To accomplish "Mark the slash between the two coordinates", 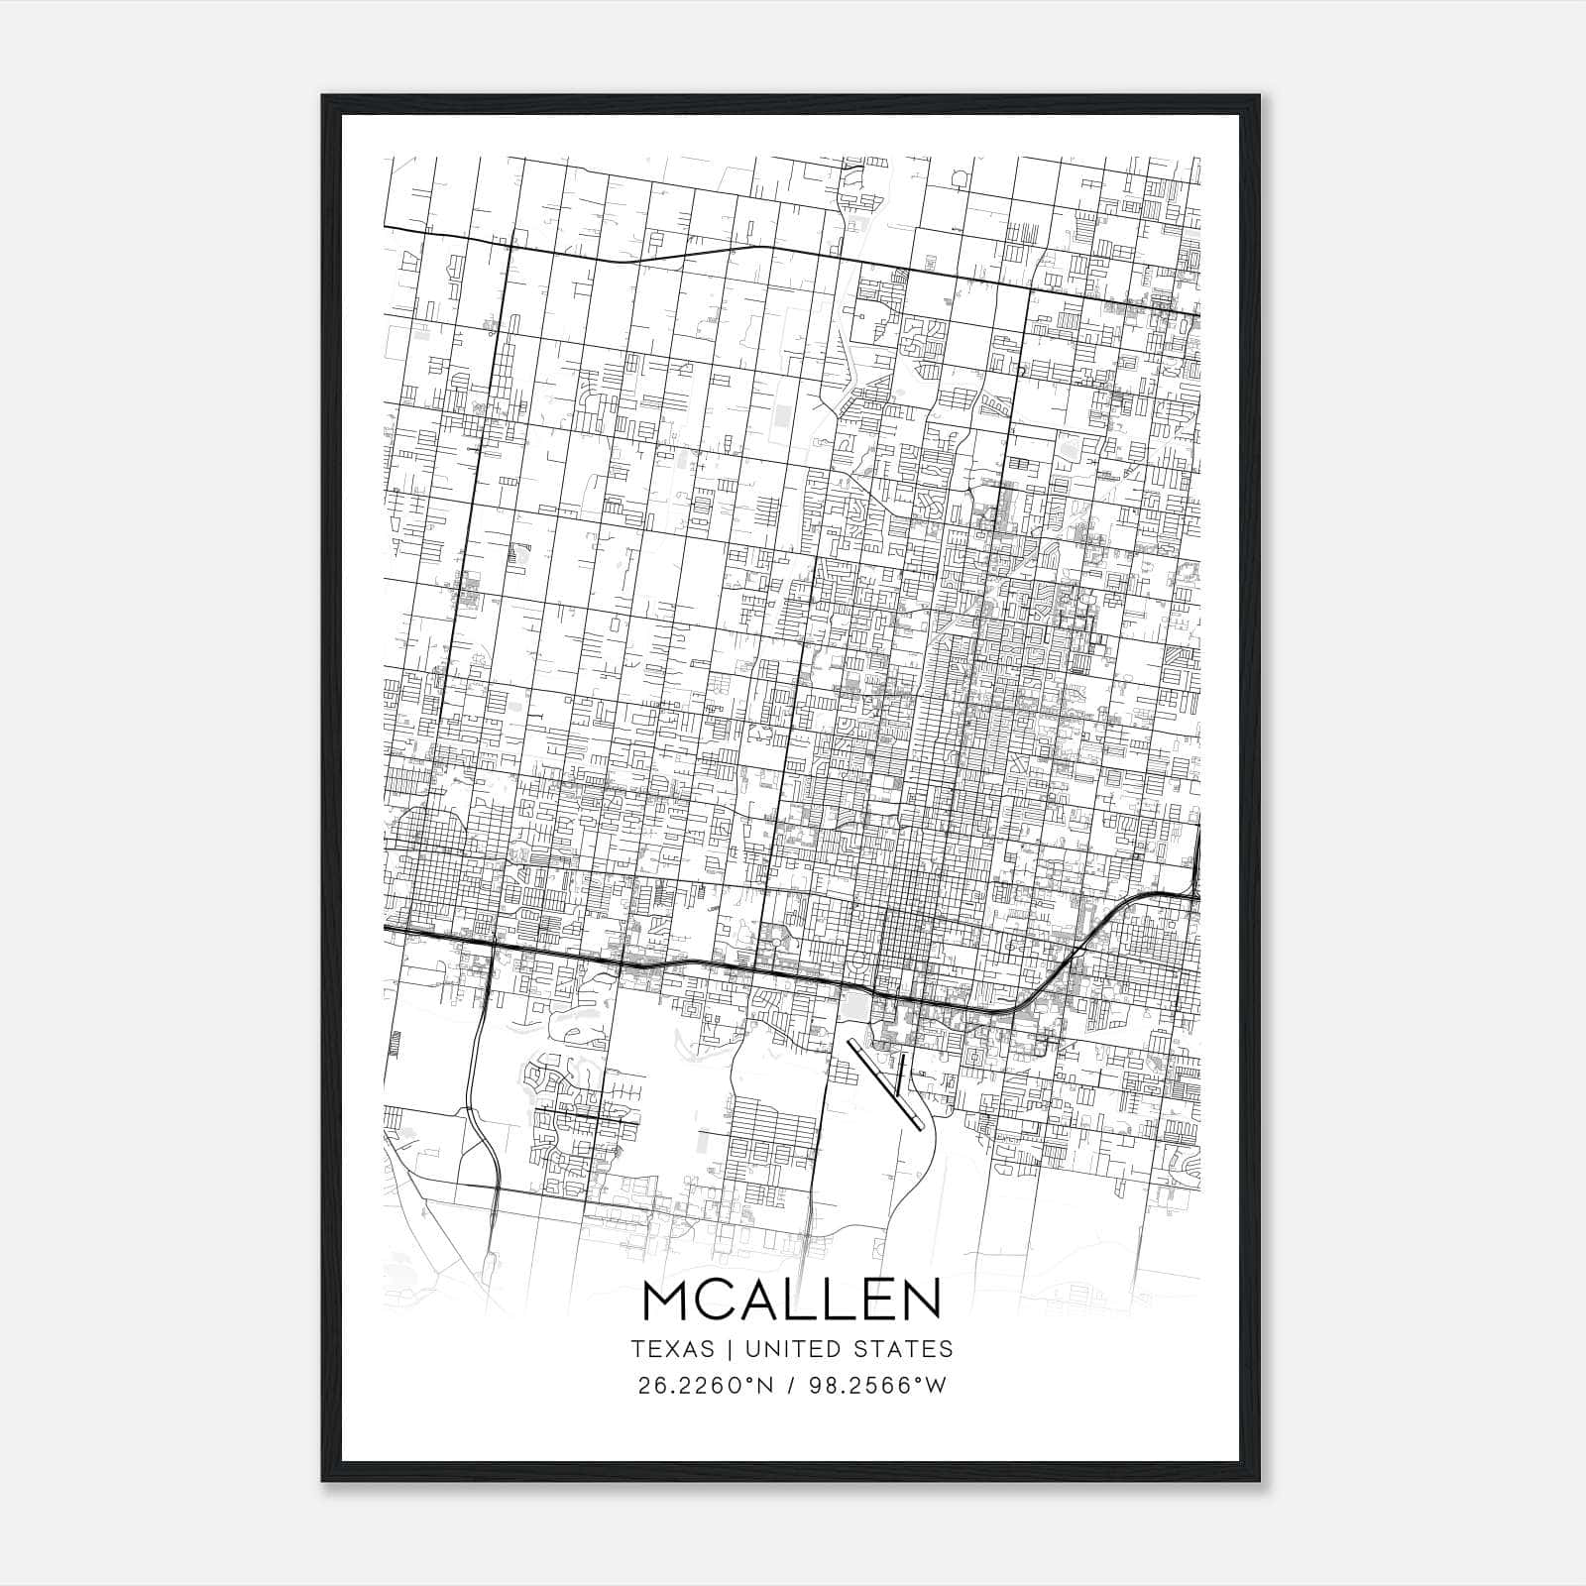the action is (787, 1386).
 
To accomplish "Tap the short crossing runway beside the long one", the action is (901, 1075).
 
